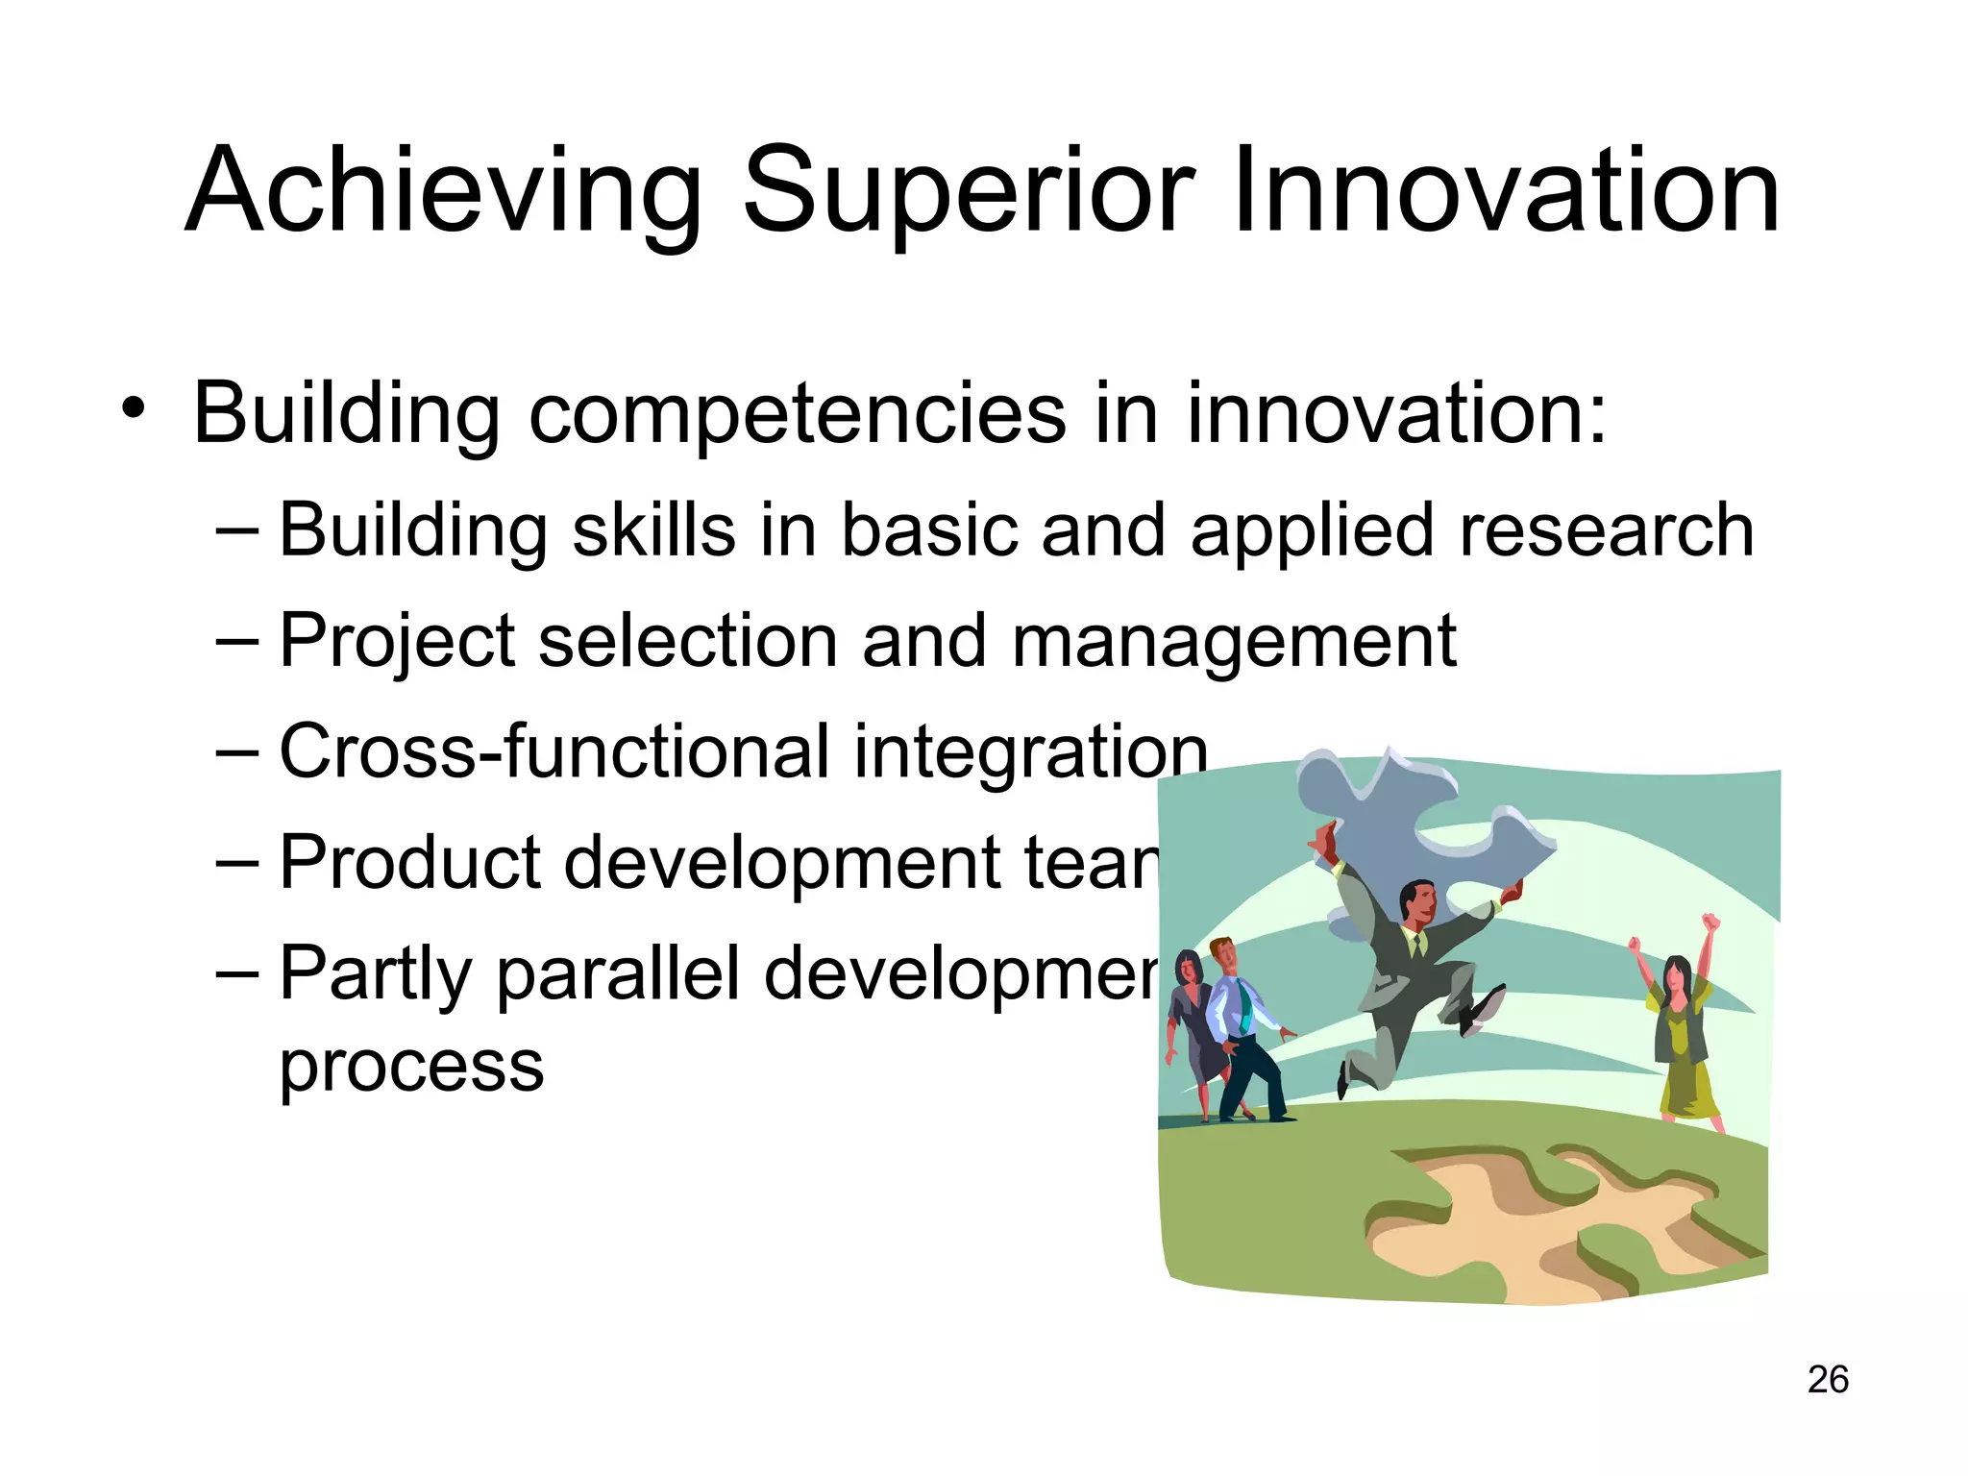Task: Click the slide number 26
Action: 1828,1380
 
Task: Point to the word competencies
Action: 798,415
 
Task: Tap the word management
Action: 1234,642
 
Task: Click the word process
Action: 411,1067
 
